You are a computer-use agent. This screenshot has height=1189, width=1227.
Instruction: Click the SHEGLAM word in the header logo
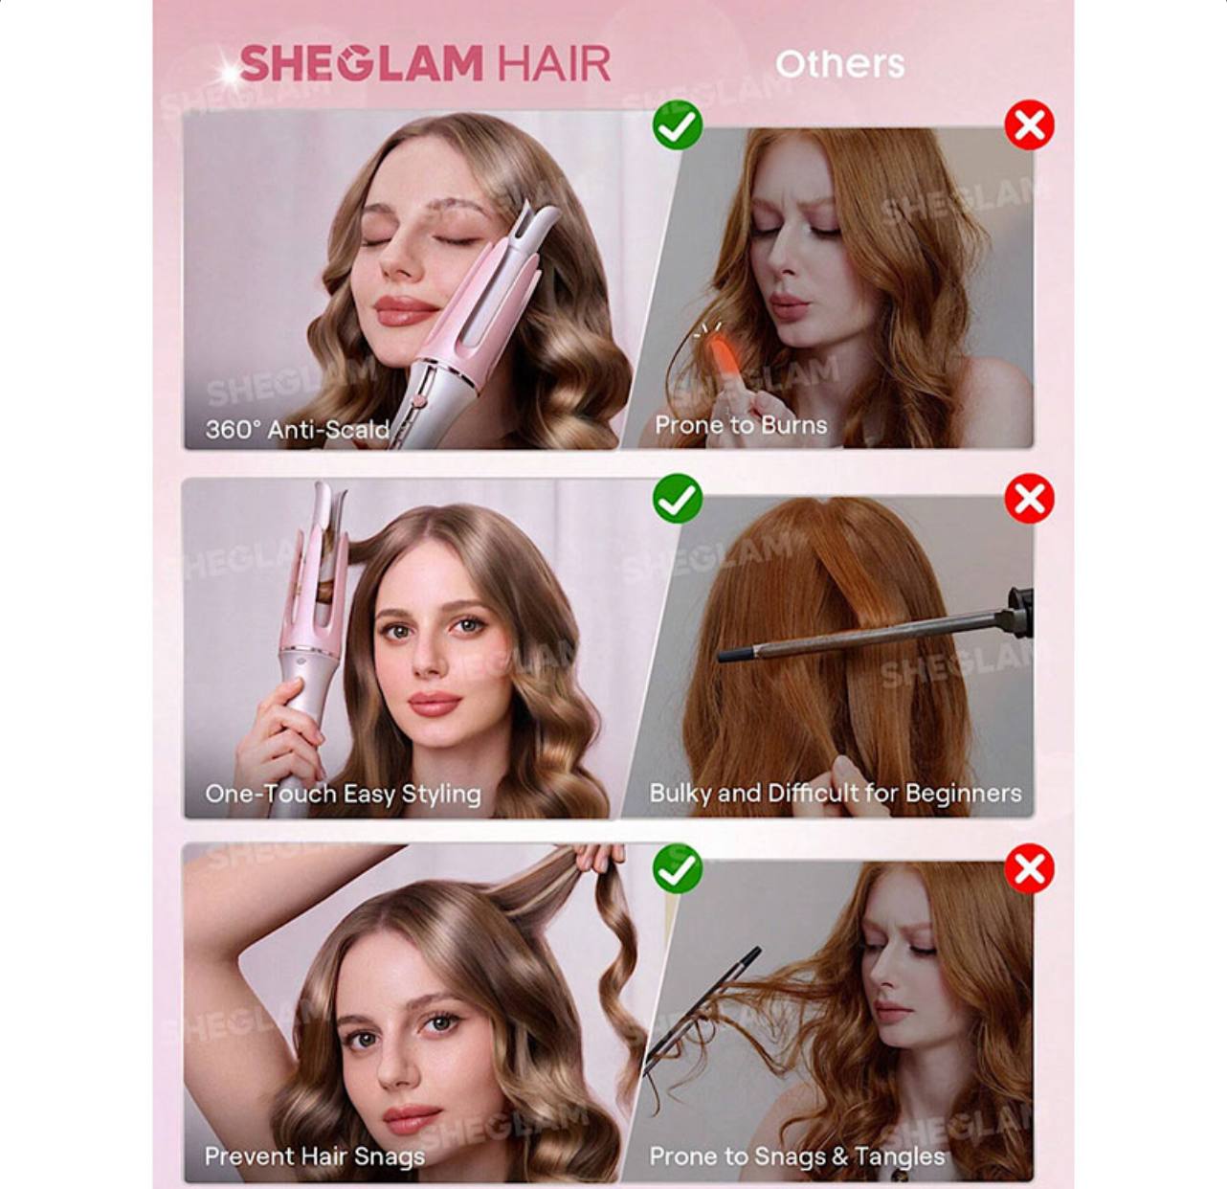361,63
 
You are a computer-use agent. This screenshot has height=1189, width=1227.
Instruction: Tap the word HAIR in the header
554,63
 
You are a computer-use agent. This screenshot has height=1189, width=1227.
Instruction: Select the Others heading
840,64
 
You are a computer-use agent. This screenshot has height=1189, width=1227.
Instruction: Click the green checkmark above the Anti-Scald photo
678,124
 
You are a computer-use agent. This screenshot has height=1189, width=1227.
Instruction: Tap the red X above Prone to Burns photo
1029,124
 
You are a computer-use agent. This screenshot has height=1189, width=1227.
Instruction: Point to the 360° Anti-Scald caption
297,430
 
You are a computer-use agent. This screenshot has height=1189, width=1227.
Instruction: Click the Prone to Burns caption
741,425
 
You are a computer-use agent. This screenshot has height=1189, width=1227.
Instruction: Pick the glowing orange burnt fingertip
715,347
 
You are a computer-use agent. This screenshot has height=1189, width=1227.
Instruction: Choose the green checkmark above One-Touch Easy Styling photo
678,499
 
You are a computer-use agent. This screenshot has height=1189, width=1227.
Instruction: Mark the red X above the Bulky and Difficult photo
1029,499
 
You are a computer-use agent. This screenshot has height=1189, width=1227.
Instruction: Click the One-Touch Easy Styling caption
343,794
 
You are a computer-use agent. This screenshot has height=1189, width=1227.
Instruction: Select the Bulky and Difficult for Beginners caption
836,793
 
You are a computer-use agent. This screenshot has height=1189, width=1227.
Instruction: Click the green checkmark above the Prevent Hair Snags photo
678,868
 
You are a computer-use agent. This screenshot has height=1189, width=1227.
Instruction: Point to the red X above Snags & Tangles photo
1029,868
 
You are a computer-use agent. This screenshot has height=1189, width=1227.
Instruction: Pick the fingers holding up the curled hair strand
599,857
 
